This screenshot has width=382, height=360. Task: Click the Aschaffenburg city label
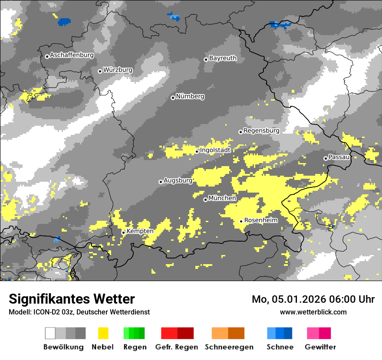[x=72, y=56]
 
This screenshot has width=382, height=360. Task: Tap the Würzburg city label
[x=118, y=70]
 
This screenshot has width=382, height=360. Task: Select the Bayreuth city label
[x=223, y=58]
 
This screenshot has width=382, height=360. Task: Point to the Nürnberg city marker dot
[x=173, y=98]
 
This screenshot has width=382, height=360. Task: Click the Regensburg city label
[x=261, y=131]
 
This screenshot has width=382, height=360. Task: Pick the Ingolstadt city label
[x=215, y=151]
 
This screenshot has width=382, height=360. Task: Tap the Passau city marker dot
[x=326, y=158]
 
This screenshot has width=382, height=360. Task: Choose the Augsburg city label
[x=178, y=180]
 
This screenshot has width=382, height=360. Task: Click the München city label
[x=222, y=198]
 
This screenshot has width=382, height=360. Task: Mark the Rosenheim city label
[x=261, y=220]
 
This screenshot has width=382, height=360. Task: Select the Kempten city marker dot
[x=123, y=232]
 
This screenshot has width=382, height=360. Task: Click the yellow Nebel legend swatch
[x=103, y=333]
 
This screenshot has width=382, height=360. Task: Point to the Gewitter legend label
[x=320, y=347]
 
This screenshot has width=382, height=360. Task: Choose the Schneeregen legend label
[x=229, y=347]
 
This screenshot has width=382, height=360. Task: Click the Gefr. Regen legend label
[x=177, y=347]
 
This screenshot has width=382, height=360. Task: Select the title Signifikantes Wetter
[x=72, y=299]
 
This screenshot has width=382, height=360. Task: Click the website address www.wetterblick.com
[x=313, y=312]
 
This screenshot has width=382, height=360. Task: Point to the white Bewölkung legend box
[x=50, y=333]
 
